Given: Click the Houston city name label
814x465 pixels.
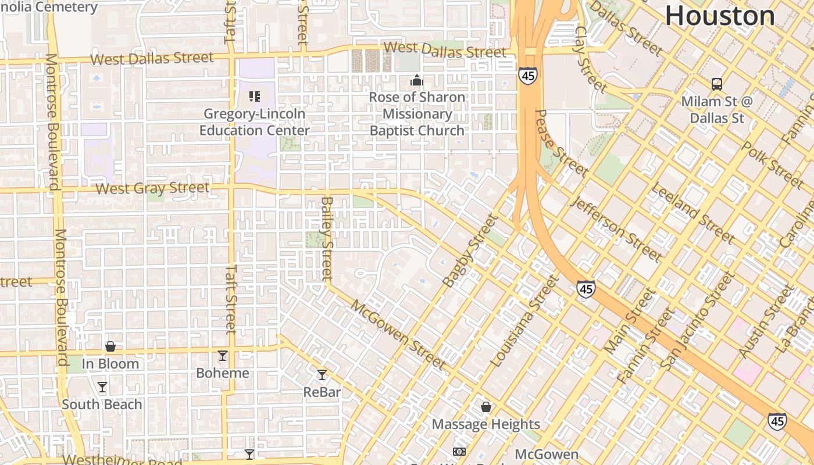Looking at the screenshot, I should point(720,16).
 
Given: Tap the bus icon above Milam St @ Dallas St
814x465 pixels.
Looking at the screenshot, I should point(717,84).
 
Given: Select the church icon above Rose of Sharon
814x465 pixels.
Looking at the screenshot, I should point(417,80).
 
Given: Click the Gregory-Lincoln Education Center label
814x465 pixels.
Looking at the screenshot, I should point(255,122).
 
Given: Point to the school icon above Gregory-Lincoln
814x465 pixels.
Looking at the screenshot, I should point(254,96).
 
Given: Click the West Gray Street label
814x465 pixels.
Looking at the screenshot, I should point(152,188).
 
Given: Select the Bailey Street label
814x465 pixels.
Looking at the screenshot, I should point(327,238).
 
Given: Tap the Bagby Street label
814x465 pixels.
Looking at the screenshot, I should point(470,251).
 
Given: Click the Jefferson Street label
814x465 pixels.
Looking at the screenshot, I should point(617,229).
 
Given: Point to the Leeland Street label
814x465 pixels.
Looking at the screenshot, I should point(692,213).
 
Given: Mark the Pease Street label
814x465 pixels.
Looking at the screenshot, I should point(561,144).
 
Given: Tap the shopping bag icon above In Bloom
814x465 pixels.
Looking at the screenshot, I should point(110,347).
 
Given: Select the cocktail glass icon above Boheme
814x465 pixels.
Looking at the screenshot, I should point(223,356).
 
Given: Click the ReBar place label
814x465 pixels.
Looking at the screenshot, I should point(322,392).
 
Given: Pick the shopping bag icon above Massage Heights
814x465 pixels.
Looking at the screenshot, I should point(486,407).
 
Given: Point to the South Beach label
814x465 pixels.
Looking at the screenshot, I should point(102,405).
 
